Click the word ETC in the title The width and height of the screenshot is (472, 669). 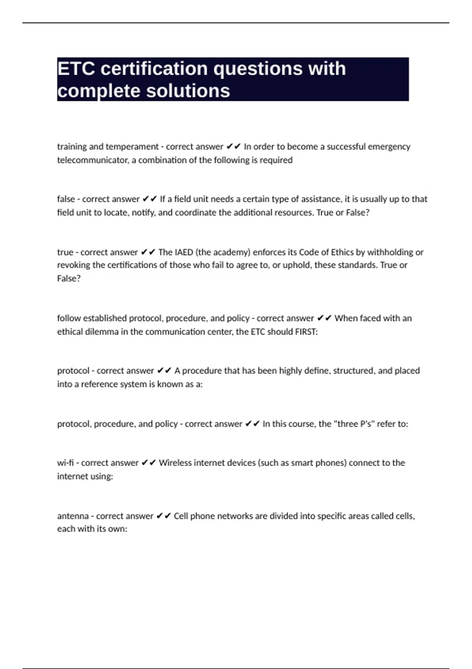tap(76, 69)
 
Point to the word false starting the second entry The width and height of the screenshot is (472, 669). tap(66, 199)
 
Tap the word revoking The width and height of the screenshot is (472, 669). tap(74, 265)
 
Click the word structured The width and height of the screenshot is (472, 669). tap(353, 371)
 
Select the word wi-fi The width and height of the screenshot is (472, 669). tap(65, 463)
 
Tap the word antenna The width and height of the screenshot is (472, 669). tap(73, 516)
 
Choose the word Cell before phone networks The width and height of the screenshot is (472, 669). tap(181, 516)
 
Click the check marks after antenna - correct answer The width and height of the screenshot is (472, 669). tap(164, 516)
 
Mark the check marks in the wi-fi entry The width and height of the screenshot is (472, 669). tap(149, 463)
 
